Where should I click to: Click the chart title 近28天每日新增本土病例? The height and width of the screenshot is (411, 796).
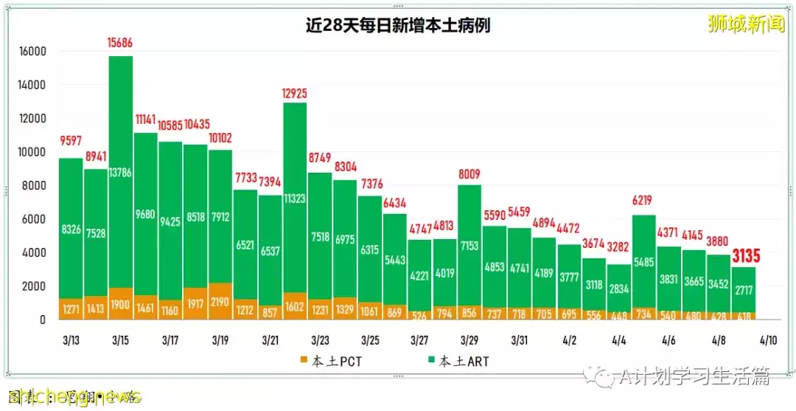click(398, 26)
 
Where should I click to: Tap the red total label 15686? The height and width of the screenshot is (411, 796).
click(120, 44)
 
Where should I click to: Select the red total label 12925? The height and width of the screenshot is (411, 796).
click(295, 93)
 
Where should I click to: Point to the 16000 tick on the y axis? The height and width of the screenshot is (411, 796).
click(33, 52)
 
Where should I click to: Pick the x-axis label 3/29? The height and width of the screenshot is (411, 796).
click(469, 341)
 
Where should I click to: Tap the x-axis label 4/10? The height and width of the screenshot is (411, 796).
click(769, 341)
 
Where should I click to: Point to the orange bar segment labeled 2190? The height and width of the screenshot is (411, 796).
click(220, 301)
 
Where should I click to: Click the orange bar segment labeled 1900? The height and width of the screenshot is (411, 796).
click(120, 304)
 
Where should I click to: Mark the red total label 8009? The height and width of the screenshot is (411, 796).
click(469, 175)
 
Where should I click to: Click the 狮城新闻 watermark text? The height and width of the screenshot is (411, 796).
click(746, 24)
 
